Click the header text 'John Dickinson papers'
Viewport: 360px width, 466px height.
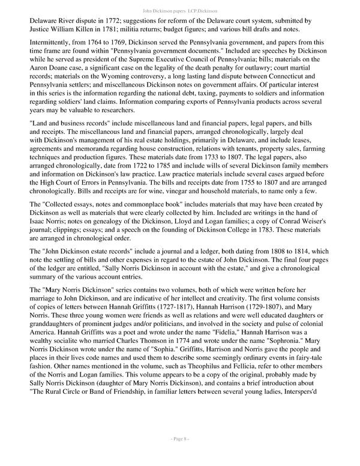164,10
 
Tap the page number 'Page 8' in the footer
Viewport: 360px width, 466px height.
179,456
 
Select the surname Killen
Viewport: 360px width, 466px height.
93,28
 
